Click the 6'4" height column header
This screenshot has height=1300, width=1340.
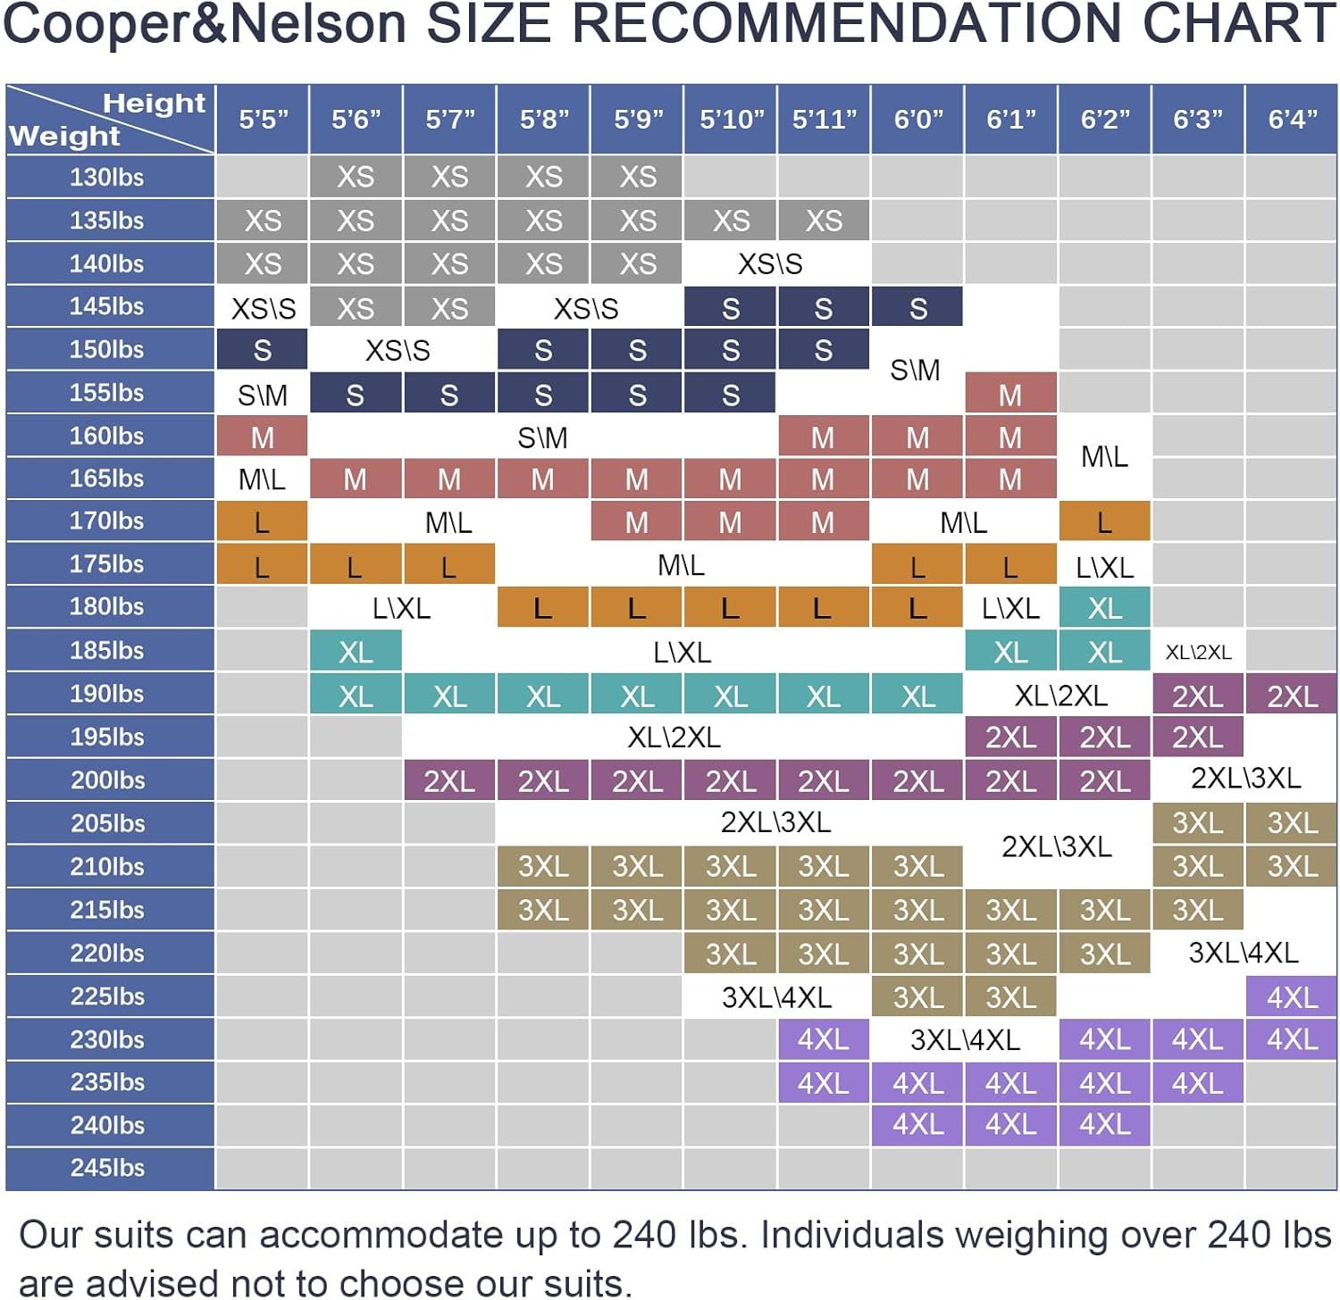click(x=1292, y=119)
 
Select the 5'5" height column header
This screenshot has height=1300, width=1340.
click(x=263, y=119)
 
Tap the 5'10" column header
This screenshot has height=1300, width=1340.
click(x=731, y=119)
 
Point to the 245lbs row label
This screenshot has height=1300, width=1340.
click(x=107, y=1167)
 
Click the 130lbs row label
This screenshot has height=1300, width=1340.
click(x=107, y=177)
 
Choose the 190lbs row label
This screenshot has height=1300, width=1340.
click(x=107, y=694)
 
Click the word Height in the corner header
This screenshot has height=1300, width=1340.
click(x=154, y=104)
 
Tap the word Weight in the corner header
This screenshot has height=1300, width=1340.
click(x=64, y=136)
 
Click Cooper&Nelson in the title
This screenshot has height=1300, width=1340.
click(x=205, y=24)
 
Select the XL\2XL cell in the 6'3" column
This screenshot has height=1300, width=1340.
click(x=1198, y=653)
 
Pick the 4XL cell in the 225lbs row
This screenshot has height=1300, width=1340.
click(x=1292, y=996)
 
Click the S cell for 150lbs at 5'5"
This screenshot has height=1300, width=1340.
click(x=263, y=350)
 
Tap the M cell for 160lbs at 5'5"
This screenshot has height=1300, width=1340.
click(x=263, y=437)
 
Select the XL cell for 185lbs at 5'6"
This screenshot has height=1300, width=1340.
click(x=356, y=653)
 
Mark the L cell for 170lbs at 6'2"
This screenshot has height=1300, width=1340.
click(x=1104, y=522)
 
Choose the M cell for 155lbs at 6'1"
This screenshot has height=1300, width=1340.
click(x=1010, y=395)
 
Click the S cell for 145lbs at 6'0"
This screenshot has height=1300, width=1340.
click(x=917, y=308)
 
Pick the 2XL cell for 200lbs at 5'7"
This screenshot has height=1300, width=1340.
click(x=449, y=781)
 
